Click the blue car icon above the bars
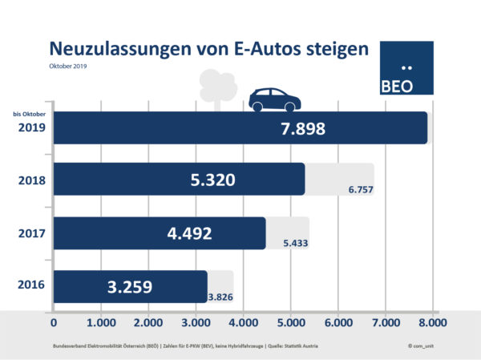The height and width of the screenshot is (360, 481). (x=274, y=99)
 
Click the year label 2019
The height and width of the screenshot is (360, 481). (x=30, y=127)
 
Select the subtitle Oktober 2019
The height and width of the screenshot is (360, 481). (x=67, y=67)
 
